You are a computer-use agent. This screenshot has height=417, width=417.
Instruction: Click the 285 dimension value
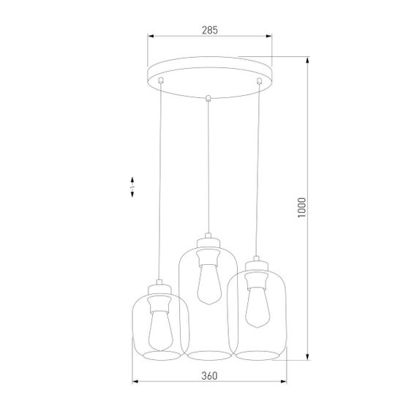(209, 30)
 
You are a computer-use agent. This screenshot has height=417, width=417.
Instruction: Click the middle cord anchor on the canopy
(209, 97)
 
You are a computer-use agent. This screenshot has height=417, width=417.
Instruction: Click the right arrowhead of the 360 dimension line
(284, 382)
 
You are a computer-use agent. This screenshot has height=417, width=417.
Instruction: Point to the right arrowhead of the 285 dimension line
(268, 37)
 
